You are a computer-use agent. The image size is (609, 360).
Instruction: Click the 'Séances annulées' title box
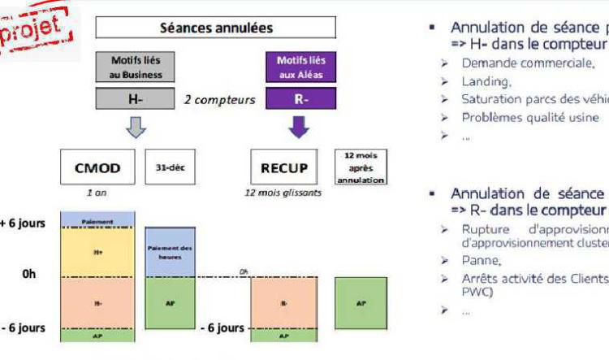coord(215,28)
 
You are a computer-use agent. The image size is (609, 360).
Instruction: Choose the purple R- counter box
coord(300,99)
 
